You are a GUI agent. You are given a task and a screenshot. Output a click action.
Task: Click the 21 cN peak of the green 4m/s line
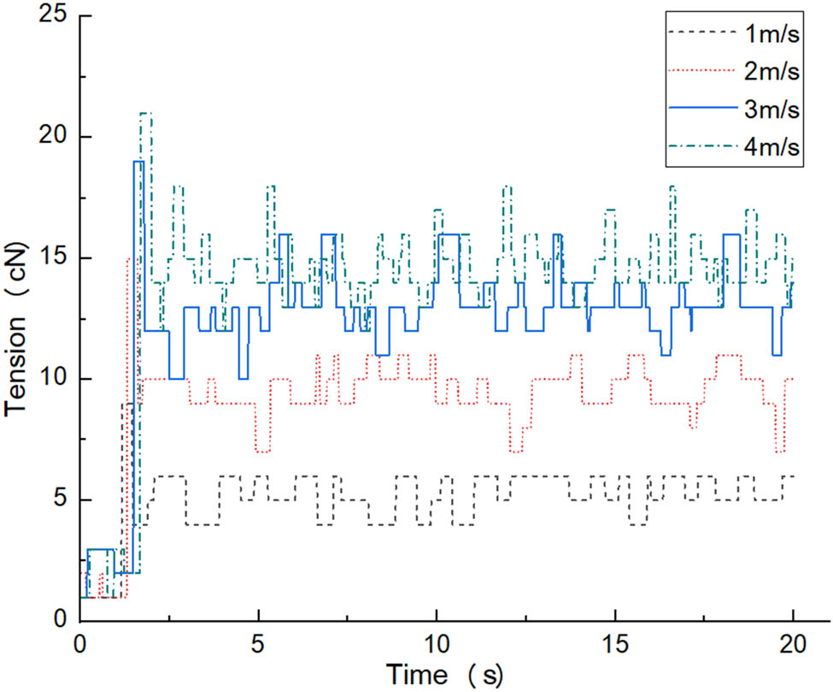[145, 113]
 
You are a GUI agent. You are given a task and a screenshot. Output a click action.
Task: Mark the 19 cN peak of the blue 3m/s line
[138, 162]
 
